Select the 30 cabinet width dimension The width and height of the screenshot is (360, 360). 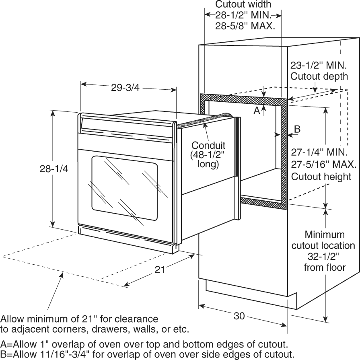pyautogui.click(x=239, y=316)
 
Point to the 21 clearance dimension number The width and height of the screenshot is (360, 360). pyautogui.click(x=160, y=269)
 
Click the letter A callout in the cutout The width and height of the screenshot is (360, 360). pyautogui.click(x=257, y=111)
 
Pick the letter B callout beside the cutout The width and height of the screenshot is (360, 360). pyautogui.click(x=297, y=129)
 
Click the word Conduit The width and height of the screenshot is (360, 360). pyautogui.click(x=208, y=145)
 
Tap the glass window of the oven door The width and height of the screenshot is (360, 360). pyautogui.click(x=125, y=188)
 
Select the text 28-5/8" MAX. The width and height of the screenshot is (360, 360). pyautogui.click(x=245, y=26)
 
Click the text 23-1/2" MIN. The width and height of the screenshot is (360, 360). pyautogui.click(x=319, y=66)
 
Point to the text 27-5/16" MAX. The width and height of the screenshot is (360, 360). pyautogui.click(x=324, y=165)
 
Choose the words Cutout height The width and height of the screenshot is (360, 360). pyautogui.click(x=321, y=177)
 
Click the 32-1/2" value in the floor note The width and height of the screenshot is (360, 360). pyautogui.click(x=323, y=257)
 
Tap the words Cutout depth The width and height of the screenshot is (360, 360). pyautogui.click(x=319, y=76)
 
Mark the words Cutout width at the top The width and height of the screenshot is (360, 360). pyautogui.click(x=243, y=4)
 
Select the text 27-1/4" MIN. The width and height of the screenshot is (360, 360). pyautogui.click(x=319, y=152)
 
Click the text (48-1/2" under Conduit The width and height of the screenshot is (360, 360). pyautogui.click(x=207, y=155)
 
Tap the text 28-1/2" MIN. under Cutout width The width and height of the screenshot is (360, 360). pyautogui.click(x=243, y=15)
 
